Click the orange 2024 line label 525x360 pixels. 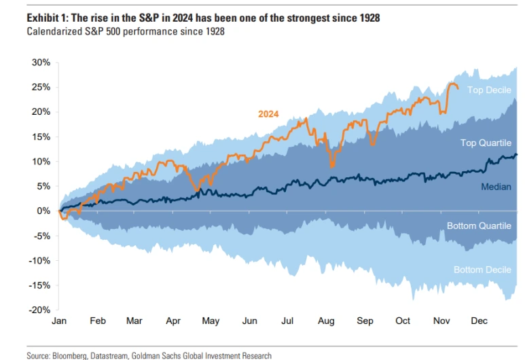(269, 114)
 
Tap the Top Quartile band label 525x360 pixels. (485, 143)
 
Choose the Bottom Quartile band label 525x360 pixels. (479, 226)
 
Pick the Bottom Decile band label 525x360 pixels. (482, 270)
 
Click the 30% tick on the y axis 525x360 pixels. (41, 62)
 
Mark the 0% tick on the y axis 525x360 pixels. (43, 211)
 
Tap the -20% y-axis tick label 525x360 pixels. (39, 310)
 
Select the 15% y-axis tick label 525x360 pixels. (41, 137)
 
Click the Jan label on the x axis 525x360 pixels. (60, 321)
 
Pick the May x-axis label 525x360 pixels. (211, 321)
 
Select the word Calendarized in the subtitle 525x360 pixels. (56, 32)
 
